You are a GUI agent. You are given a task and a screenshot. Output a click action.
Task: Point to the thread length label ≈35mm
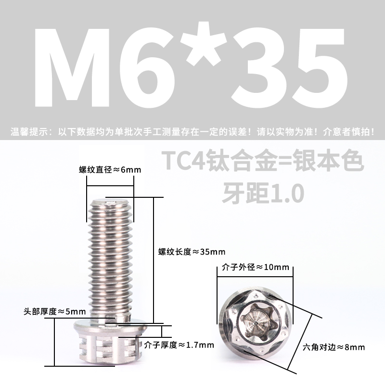click(185, 252)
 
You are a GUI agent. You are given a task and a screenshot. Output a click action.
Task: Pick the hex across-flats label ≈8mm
click(334, 346)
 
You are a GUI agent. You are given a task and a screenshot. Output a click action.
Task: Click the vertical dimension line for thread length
click(154, 260)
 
